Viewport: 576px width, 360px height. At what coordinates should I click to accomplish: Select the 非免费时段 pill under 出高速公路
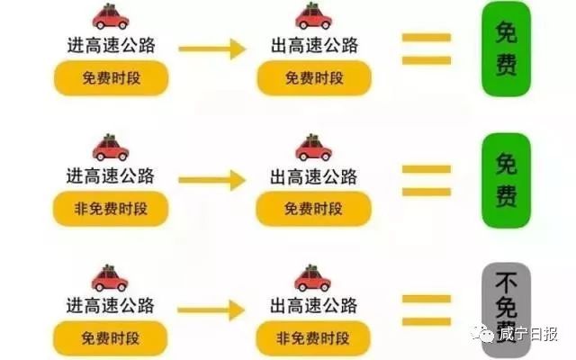pyautogui.click(x=312, y=337)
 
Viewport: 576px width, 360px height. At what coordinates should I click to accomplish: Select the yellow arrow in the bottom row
pyautogui.click(x=211, y=310)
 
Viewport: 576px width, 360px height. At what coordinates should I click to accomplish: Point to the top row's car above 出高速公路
pyautogui.click(x=313, y=16)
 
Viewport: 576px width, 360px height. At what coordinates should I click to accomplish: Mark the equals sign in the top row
pyautogui.click(x=426, y=49)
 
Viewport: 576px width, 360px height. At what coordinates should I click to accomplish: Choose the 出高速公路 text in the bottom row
pyautogui.click(x=312, y=303)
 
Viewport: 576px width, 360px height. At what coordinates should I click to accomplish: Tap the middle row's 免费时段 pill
pyautogui.click(x=313, y=210)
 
